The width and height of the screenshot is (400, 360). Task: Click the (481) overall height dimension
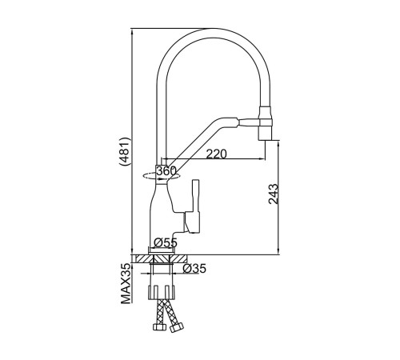(x=125, y=152)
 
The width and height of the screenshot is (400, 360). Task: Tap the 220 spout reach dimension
(x=216, y=154)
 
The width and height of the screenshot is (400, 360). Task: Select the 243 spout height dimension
(x=274, y=194)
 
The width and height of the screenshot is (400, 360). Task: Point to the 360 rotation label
(x=166, y=171)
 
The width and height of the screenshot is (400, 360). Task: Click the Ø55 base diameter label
(x=166, y=242)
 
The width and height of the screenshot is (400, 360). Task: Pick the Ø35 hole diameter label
(x=194, y=269)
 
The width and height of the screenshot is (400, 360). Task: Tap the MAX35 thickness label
(x=126, y=283)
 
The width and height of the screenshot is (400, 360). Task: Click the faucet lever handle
(x=194, y=206)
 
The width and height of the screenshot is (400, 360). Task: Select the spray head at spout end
(x=265, y=123)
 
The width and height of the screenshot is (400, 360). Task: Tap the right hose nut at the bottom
(x=177, y=327)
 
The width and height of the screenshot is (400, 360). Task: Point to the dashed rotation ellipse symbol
(x=161, y=176)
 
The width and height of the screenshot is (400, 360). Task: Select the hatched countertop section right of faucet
(x=178, y=258)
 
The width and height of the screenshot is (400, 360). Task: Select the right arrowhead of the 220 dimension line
(x=262, y=159)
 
